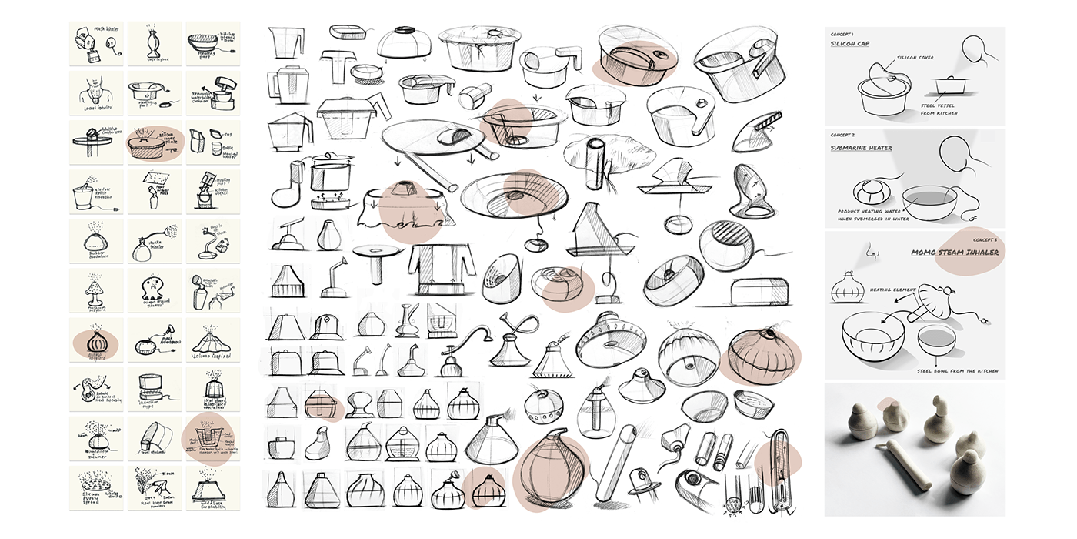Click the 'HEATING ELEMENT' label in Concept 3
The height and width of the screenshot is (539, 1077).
892,290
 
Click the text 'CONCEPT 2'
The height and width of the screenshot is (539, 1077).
845,136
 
